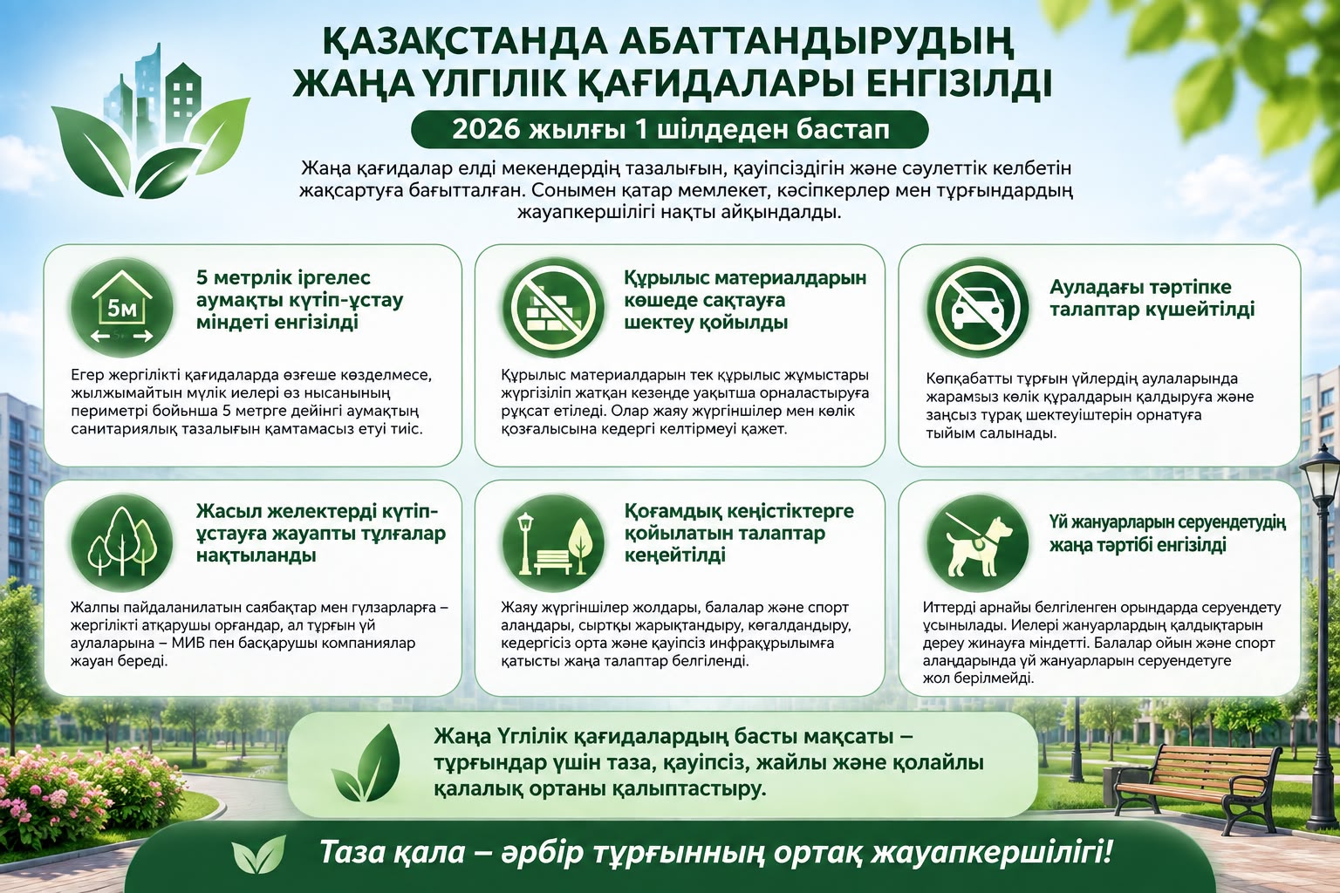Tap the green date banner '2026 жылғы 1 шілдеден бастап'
[x=669, y=129]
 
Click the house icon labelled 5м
[x=122, y=308]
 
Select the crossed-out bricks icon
[x=553, y=307]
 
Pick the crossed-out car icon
[x=977, y=308]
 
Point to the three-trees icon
[x=122, y=542]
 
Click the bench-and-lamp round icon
[x=553, y=542]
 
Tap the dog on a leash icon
[x=977, y=542]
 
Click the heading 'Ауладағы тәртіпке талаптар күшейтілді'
[x=1152, y=298]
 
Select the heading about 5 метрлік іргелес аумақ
[x=300, y=300]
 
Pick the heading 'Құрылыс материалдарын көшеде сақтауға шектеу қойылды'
[x=745, y=300]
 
